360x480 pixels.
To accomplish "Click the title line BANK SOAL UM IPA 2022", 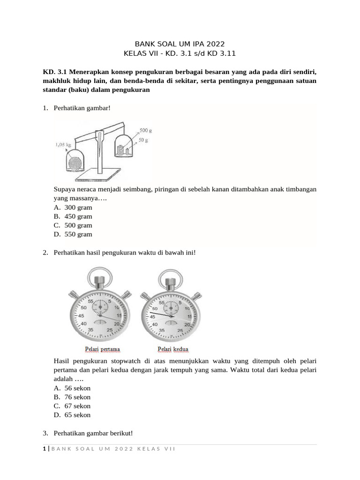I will pos(180,44).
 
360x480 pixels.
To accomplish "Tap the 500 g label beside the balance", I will pos(146,130).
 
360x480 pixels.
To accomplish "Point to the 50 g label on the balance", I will pos(143,140).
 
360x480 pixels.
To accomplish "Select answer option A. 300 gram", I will pos(73,208).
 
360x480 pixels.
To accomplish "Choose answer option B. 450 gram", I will pos(73,217).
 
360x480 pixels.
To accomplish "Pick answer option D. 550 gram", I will pos(73,234).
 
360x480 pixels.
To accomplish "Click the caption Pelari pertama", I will pos(102,349).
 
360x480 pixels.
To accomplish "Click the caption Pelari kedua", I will pos(172,349).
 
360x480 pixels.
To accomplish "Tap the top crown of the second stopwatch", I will pos(169,281).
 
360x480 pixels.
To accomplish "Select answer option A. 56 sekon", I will pos(72,388).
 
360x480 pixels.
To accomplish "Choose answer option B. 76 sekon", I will pos(72,397).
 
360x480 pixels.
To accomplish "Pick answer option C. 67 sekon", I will pos(72,406).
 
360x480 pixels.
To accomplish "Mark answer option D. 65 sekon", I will pos(72,415).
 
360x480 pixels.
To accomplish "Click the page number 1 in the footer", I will pos(44,449).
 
